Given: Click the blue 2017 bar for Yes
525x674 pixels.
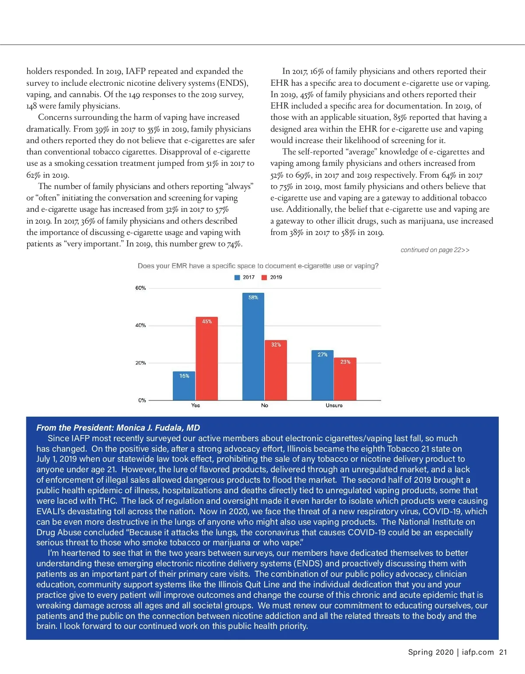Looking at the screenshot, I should point(184,386).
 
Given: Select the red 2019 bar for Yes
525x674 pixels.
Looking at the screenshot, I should point(206,358).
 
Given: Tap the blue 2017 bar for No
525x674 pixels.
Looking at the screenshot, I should point(253,347).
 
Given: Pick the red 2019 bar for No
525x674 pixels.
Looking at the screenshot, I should point(276,370).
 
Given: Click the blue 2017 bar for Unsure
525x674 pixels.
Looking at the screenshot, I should point(322,375).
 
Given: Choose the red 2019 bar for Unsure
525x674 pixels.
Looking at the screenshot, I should point(345,379).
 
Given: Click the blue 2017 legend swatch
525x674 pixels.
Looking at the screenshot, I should point(237,277).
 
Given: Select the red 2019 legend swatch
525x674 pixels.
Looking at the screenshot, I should point(264,277).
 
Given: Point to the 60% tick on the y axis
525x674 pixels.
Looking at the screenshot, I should point(140,288).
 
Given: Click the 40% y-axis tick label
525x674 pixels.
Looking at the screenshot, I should point(140,326).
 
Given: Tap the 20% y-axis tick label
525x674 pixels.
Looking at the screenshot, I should point(140,363).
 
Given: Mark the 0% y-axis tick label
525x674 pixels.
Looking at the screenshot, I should point(142,400).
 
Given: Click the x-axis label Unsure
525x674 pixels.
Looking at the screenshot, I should point(334,406).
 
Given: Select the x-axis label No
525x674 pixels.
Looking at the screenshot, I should point(265,406).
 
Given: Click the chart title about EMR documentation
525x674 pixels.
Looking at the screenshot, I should point(258,266).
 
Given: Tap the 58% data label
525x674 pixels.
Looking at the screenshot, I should point(253,298).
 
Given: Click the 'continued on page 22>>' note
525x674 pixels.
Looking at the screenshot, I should point(435,250).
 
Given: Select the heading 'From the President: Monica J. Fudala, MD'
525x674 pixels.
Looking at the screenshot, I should point(118,428).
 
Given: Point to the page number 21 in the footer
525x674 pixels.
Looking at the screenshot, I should point(503,652).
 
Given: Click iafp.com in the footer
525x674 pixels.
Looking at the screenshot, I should point(478,652).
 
